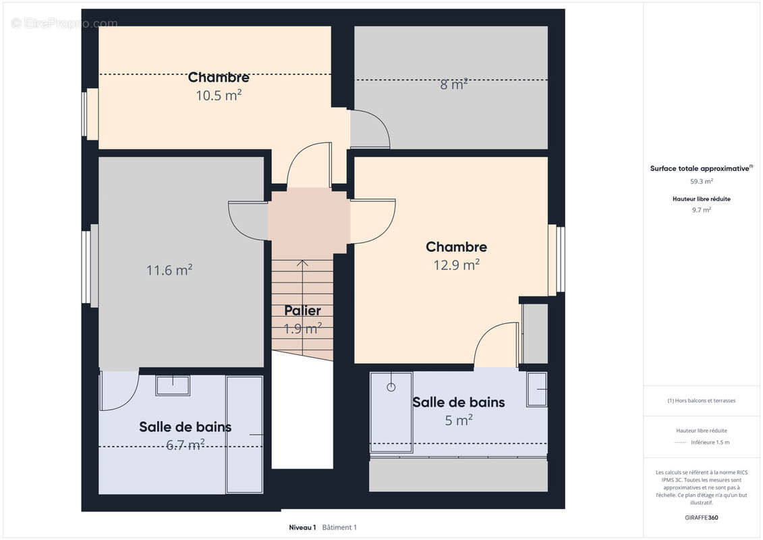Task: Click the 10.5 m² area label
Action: pyautogui.click(x=219, y=95)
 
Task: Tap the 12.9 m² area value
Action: pyautogui.click(x=456, y=265)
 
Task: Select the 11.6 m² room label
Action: pyautogui.click(x=169, y=270)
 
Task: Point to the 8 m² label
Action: pyautogui.click(x=454, y=84)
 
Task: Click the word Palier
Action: pyautogui.click(x=302, y=310)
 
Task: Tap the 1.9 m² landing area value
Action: pyautogui.click(x=302, y=329)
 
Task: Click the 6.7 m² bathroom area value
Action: pyautogui.click(x=186, y=445)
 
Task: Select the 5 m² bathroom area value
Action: pyautogui.click(x=458, y=421)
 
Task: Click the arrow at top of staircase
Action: pyautogui.click(x=303, y=263)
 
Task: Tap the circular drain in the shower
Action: pyautogui.click(x=390, y=387)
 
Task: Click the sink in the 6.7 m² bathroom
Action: pyautogui.click(x=173, y=385)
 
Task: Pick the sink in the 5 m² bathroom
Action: pyautogui.click(x=537, y=389)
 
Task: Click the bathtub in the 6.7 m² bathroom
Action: pyautogui.click(x=244, y=434)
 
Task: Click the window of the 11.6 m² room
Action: pyautogui.click(x=86, y=267)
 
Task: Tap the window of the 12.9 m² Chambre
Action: pyautogui.click(x=560, y=260)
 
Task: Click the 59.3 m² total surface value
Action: pyautogui.click(x=701, y=181)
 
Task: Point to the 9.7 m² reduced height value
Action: pyautogui.click(x=701, y=210)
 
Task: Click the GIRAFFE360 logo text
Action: pyautogui.click(x=701, y=518)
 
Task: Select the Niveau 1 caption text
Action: pyautogui.click(x=302, y=527)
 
